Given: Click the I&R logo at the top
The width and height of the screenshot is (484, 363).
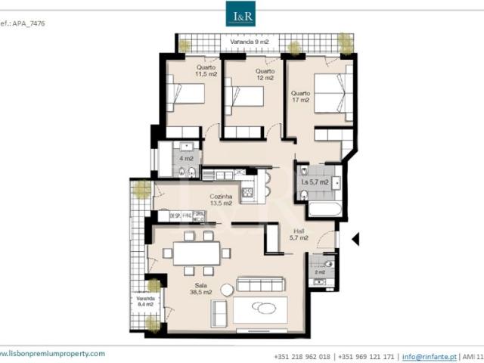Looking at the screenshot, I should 242,14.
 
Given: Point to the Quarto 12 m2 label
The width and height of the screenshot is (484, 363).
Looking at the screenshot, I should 265,74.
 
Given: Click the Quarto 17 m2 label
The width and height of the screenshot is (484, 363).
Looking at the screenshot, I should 300,96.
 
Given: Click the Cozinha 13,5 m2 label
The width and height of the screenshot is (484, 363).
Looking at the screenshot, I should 220,199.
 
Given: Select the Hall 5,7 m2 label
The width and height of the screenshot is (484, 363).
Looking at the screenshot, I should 299,234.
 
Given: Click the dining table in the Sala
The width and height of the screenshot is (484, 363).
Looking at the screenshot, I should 197,252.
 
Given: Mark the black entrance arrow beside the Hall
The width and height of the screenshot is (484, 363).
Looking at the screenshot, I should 356,239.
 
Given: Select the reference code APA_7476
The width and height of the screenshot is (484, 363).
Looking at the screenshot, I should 23,23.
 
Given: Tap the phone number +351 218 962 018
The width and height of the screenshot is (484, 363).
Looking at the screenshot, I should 301,355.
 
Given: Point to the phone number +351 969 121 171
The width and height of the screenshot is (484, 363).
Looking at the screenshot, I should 365,355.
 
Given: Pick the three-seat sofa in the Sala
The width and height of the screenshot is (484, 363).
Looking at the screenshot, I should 261,284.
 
